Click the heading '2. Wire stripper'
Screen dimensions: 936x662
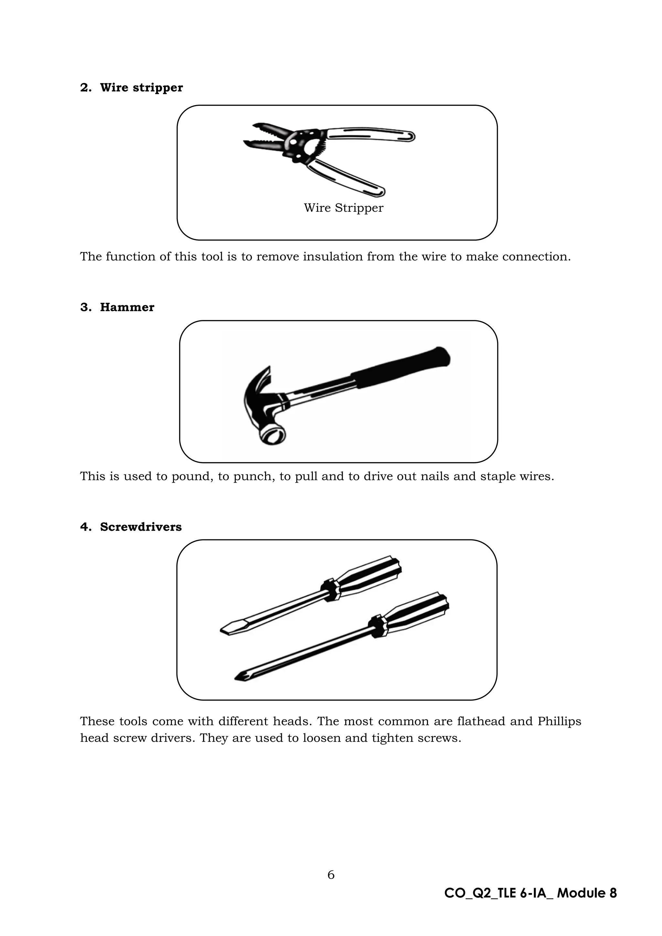(131, 88)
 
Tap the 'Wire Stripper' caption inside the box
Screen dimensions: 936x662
(343, 208)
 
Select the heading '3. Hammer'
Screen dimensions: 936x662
(117, 307)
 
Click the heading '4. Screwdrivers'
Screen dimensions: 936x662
(131, 527)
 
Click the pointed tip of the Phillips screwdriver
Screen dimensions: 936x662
(240, 677)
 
